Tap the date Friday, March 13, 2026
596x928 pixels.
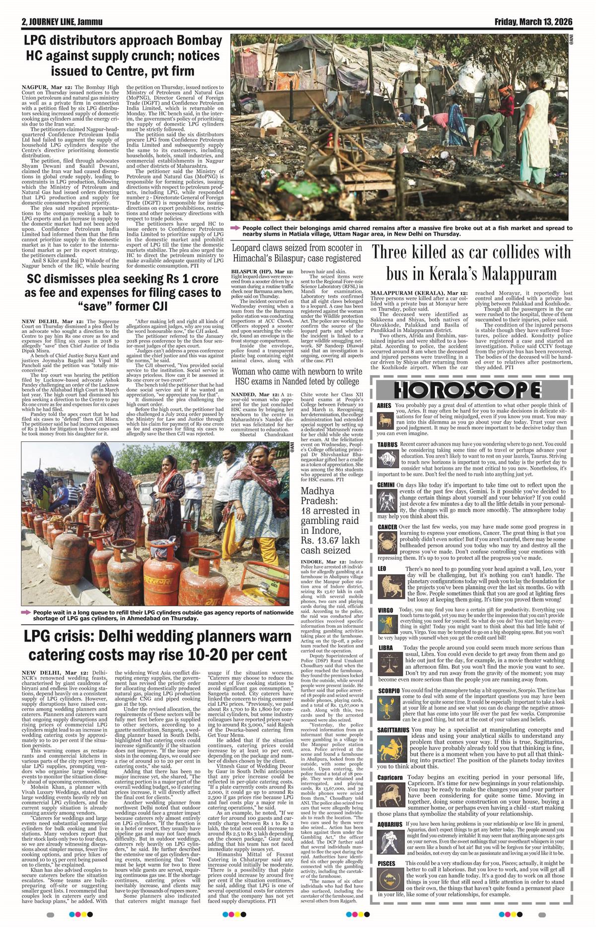click(533, 22)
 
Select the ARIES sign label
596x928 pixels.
click(384, 405)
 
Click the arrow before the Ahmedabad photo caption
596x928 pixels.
click(26, 612)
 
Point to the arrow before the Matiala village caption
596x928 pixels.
click(235, 228)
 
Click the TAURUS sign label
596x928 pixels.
click(387, 444)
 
